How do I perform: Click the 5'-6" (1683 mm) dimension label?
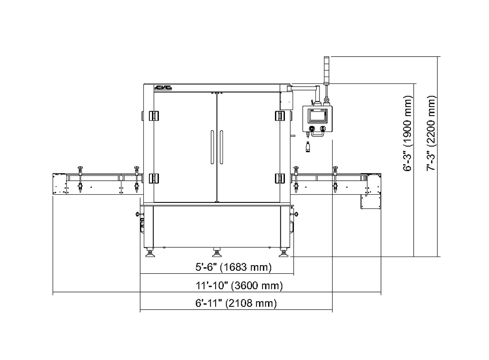(x=233, y=268)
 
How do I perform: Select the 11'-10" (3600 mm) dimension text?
(x=239, y=285)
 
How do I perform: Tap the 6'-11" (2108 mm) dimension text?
(x=236, y=303)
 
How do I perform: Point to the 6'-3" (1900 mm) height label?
(x=407, y=133)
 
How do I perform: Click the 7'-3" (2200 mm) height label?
(x=431, y=133)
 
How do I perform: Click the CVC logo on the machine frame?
(x=163, y=88)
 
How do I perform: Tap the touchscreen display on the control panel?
(x=317, y=115)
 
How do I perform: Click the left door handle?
(x=212, y=147)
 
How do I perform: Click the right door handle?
(x=221, y=147)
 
